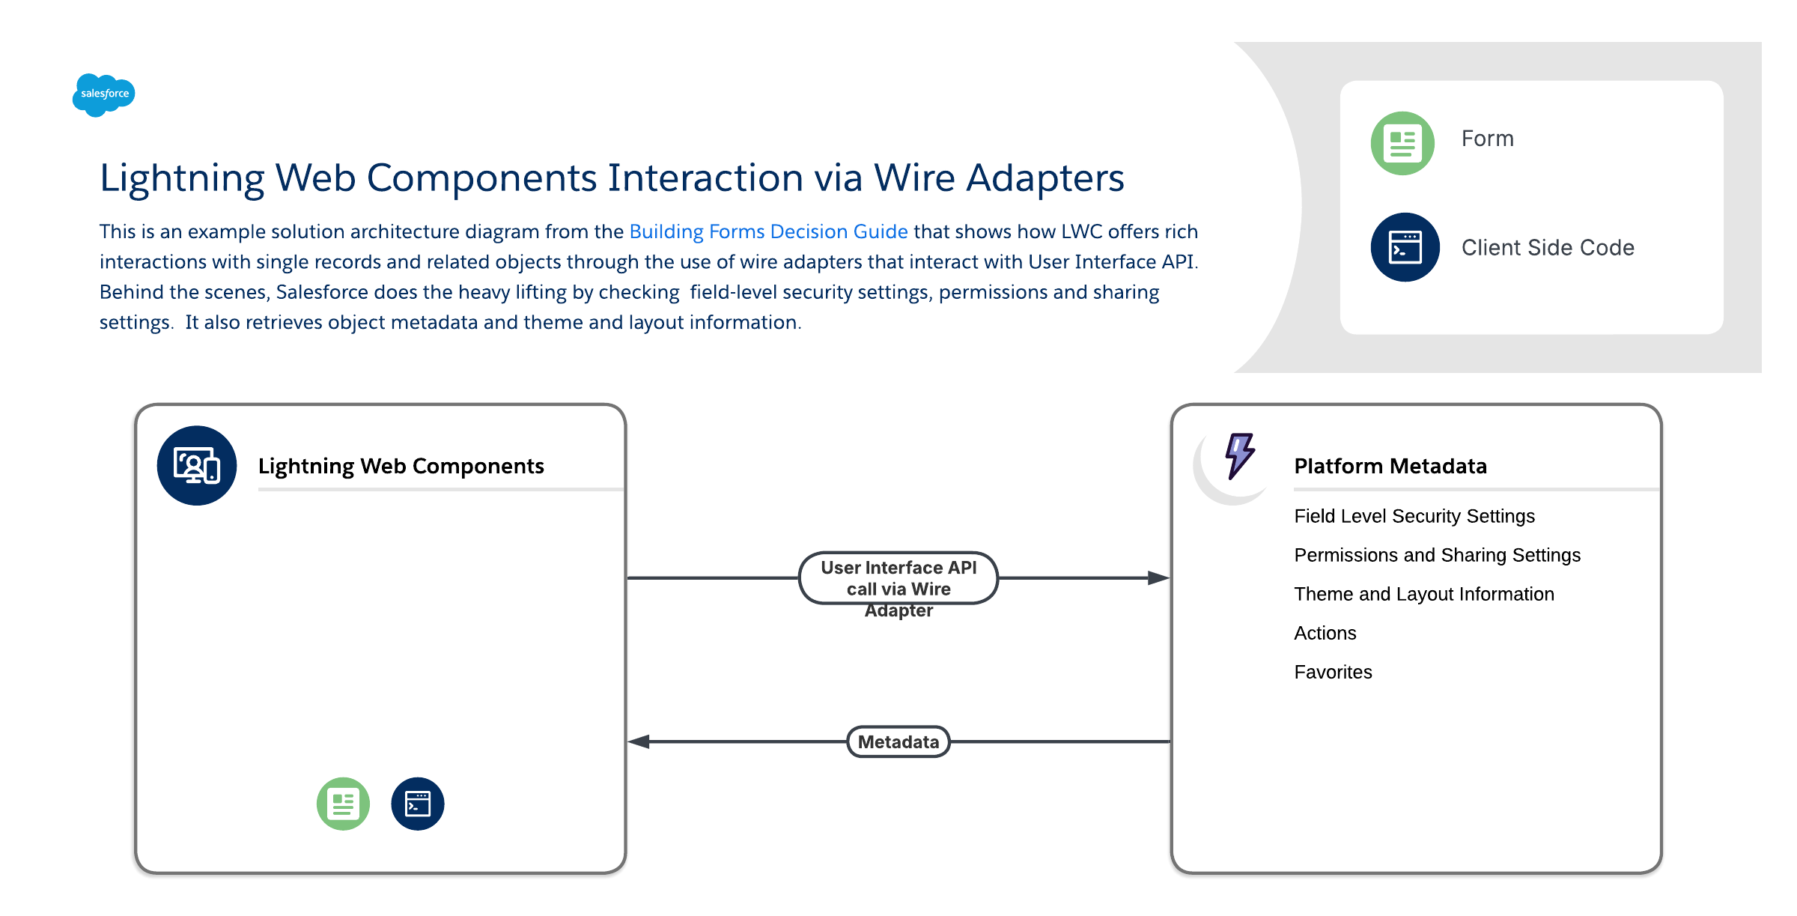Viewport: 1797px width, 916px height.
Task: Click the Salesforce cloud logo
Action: coord(104,94)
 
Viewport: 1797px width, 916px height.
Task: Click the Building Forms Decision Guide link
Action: coord(768,231)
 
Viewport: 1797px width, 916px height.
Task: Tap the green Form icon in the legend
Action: coord(1402,143)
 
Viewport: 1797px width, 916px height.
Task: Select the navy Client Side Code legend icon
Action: coord(1405,247)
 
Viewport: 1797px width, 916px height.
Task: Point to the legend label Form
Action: coord(1487,139)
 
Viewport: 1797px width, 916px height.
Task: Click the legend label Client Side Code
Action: coord(1548,248)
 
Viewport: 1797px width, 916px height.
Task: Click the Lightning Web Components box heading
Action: coord(401,466)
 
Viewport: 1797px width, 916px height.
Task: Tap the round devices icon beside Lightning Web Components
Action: coord(197,466)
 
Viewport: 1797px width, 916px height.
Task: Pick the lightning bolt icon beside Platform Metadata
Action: coord(1239,455)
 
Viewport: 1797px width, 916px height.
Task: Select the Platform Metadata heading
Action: coord(1390,466)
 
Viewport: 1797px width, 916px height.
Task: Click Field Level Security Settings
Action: coord(1414,516)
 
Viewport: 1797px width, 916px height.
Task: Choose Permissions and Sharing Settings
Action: coord(1437,555)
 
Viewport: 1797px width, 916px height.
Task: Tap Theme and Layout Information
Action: coord(1424,594)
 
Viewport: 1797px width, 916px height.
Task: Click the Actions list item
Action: coord(1325,633)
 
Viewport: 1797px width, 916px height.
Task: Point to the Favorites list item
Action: coord(1333,672)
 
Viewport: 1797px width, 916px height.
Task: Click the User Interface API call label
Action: coord(898,578)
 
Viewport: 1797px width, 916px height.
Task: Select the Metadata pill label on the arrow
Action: coord(898,741)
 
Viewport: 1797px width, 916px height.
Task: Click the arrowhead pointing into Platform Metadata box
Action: coord(1158,578)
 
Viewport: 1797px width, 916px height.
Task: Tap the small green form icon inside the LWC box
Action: coord(343,804)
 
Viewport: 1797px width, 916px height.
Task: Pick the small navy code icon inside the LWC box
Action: coord(418,804)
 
